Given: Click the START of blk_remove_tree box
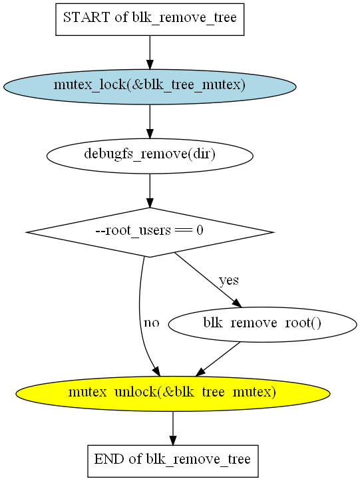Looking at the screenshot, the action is click(x=150, y=19).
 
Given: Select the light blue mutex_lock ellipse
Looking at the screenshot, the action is click(x=150, y=86).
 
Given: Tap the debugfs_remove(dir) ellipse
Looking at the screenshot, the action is click(x=150, y=156).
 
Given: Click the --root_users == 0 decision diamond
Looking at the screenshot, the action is click(x=150, y=232).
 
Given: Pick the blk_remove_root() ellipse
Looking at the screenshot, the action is click(x=262, y=324).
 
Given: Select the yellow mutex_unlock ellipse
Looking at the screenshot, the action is click(x=173, y=394).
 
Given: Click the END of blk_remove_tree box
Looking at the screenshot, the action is click(x=173, y=461).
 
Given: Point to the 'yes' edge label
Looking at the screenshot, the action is click(x=229, y=280).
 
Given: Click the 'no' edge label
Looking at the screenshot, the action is click(x=152, y=323).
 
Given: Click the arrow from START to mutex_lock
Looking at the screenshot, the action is click(x=150, y=53).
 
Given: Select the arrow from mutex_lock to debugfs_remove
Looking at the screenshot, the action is click(x=150, y=122).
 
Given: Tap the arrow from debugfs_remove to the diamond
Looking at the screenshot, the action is click(x=150, y=191).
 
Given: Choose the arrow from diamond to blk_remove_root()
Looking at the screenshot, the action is click(x=208, y=280).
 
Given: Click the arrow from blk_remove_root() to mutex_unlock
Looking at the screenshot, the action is click(x=218, y=359).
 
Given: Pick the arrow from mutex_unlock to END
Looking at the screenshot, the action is click(x=173, y=428).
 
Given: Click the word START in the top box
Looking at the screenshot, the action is click(x=87, y=17).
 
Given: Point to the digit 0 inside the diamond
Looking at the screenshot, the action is click(x=200, y=230).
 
